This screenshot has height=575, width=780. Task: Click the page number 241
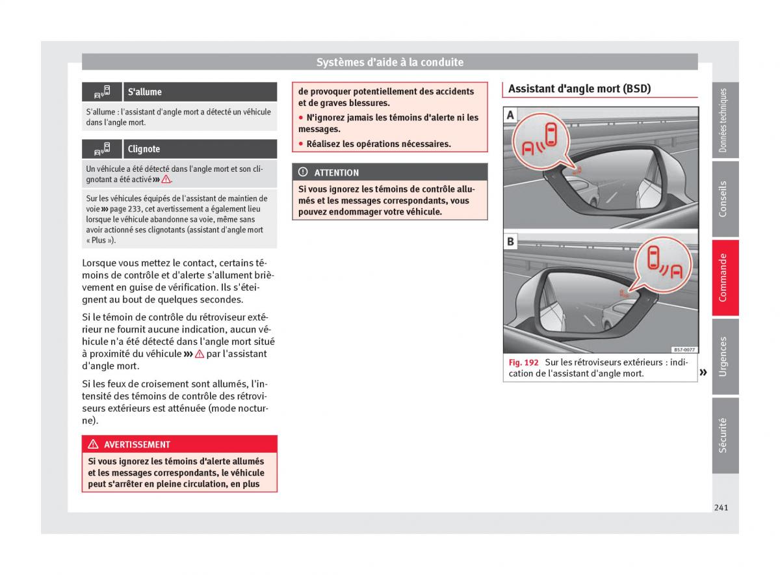pos(720,507)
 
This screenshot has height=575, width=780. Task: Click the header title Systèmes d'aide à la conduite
pos(390,62)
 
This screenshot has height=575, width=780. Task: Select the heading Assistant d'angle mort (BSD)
pos(579,88)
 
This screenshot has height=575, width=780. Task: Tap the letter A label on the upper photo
pos(511,115)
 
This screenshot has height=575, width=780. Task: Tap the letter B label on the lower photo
pos(511,242)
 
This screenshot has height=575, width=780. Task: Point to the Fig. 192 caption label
pos(523,362)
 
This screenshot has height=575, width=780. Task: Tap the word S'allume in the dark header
pos(144,92)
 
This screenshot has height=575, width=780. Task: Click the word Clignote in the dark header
pos(144,149)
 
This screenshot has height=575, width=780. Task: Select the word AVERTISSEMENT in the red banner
pos(137,444)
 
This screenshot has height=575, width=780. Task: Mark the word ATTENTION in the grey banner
pos(336,172)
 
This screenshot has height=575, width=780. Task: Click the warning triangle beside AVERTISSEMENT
pos(92,444)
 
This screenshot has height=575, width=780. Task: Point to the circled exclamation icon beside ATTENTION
pos(303,172)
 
